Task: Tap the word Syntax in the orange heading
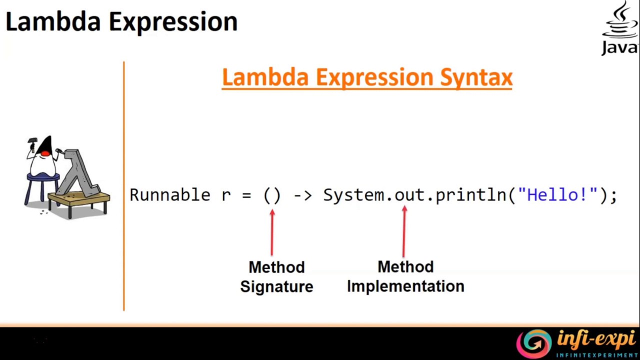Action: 476,78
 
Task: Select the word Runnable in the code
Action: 169,195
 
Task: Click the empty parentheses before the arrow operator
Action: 272,195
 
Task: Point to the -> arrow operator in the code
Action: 302,195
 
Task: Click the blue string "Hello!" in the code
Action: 557,195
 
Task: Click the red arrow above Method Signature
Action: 272,232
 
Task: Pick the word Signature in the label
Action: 276,287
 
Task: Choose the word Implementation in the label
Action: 405,286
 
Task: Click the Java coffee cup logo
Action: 620,22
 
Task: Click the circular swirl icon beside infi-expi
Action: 533,343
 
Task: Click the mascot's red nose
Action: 45,152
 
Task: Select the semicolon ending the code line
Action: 613,196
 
